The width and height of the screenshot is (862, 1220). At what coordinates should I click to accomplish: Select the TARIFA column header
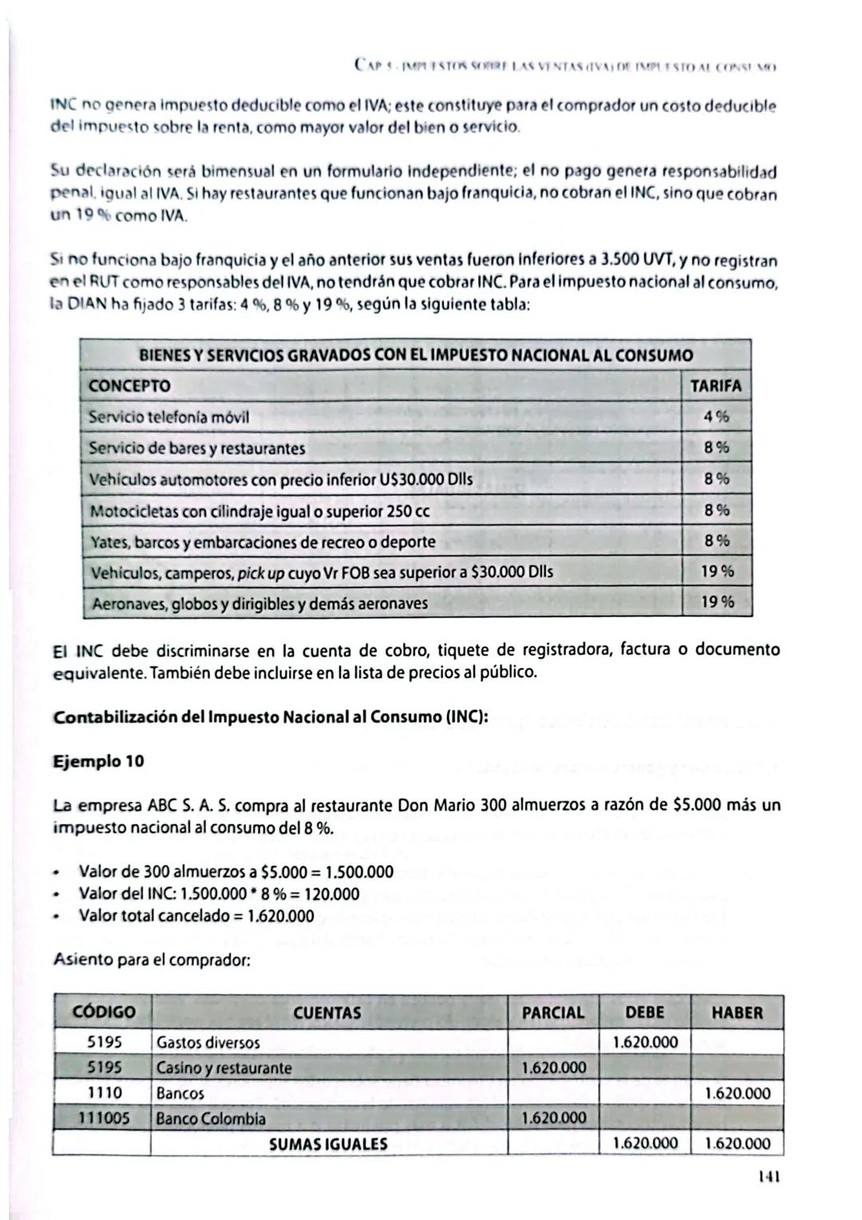715,386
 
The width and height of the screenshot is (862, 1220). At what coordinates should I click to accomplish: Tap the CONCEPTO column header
129,386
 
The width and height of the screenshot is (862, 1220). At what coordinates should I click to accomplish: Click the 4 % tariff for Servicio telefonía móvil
716,417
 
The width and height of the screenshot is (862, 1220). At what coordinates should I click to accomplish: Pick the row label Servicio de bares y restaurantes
196,448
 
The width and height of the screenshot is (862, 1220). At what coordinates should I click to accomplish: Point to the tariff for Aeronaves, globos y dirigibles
717,603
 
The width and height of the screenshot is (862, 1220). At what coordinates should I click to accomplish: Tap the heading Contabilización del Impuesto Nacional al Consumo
271,716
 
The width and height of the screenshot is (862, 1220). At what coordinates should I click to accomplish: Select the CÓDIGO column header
103,1012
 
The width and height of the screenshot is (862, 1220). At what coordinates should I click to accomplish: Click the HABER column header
737,1012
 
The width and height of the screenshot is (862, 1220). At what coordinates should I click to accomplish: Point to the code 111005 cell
102,1119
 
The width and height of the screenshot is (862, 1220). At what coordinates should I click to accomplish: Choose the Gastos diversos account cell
208,1042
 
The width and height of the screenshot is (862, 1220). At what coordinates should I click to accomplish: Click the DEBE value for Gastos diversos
645,1042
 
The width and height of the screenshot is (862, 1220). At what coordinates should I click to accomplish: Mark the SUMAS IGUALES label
328,1144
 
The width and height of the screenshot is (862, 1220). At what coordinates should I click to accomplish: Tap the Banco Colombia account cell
211,1119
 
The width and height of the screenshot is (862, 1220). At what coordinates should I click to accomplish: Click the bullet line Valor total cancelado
196,916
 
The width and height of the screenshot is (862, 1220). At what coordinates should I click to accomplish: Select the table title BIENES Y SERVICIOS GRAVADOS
416,355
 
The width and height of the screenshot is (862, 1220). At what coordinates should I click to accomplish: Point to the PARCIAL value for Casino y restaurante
553,1067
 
